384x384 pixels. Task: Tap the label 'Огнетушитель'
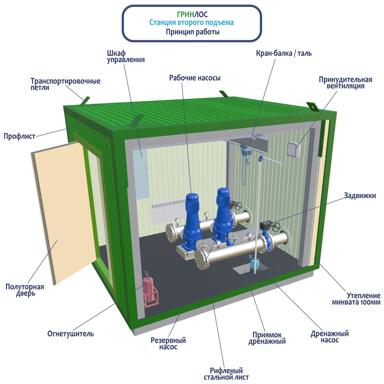pos(70,334)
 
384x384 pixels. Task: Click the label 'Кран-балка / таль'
pos(284,53)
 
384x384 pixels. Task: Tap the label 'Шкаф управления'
pos(125,56)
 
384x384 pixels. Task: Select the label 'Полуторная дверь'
pos(25,290)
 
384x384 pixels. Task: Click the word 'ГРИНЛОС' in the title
pos(192,15)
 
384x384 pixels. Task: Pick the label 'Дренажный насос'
pos(330,337)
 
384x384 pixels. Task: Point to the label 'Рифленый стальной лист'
pos(227,374)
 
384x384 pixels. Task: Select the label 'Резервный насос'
pos(168,344)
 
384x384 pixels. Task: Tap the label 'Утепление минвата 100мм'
pos(356,299)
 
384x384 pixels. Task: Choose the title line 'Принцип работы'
pos(193,32)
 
